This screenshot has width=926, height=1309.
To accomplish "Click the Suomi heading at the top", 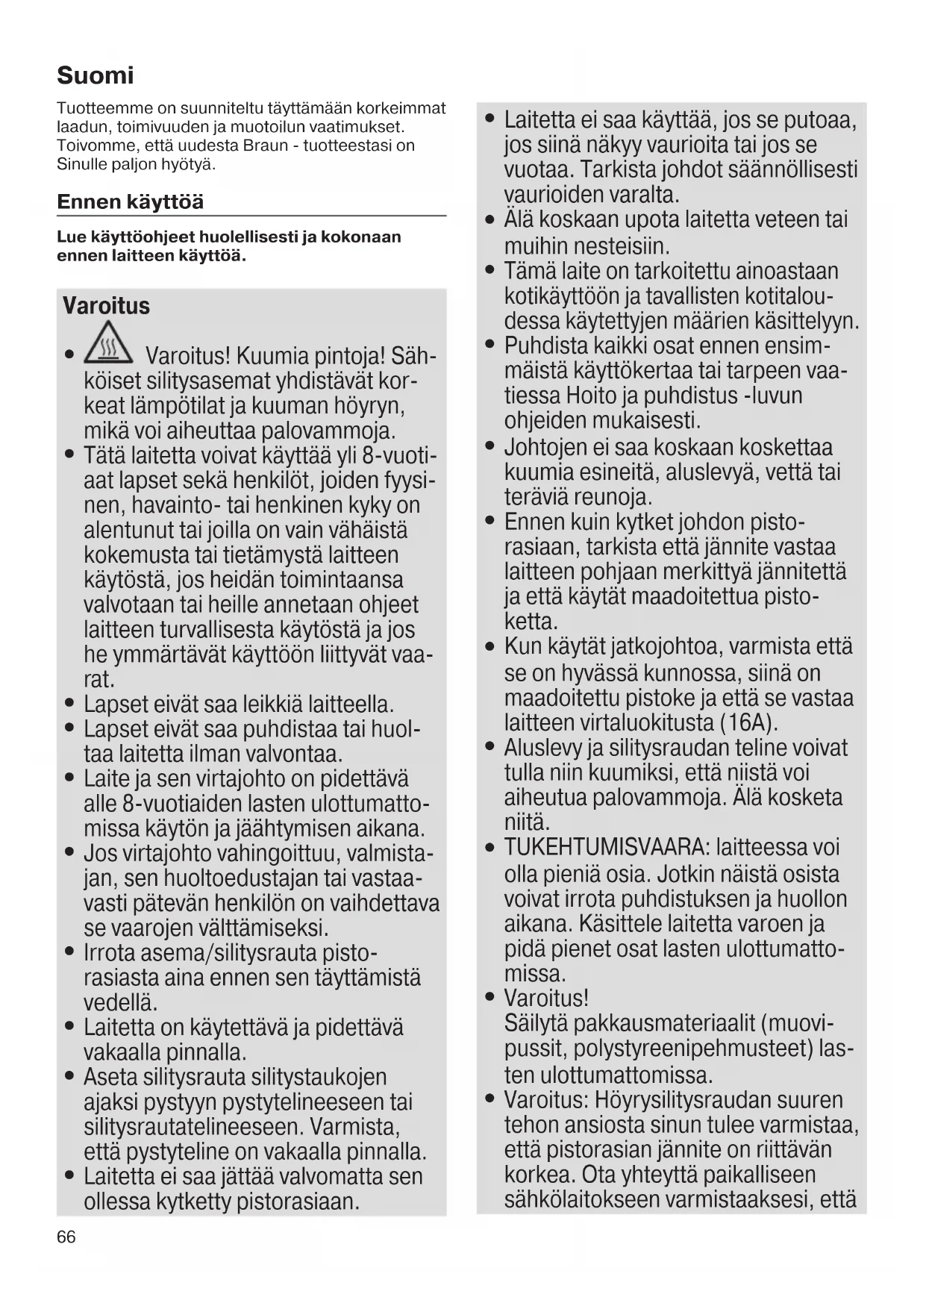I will (96, 75).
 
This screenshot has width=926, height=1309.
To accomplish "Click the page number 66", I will (66, 1237).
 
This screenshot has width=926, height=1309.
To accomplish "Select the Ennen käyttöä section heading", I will (130, 202).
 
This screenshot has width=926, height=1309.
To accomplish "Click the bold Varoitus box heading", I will (106, 306).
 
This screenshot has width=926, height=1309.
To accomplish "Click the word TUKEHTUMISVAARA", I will (606, 848).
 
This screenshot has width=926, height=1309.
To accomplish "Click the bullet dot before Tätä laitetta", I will (69, 454).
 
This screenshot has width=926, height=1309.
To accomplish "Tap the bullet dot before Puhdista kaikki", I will (489, 346).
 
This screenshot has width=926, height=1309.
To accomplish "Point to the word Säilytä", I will (536, 1023).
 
